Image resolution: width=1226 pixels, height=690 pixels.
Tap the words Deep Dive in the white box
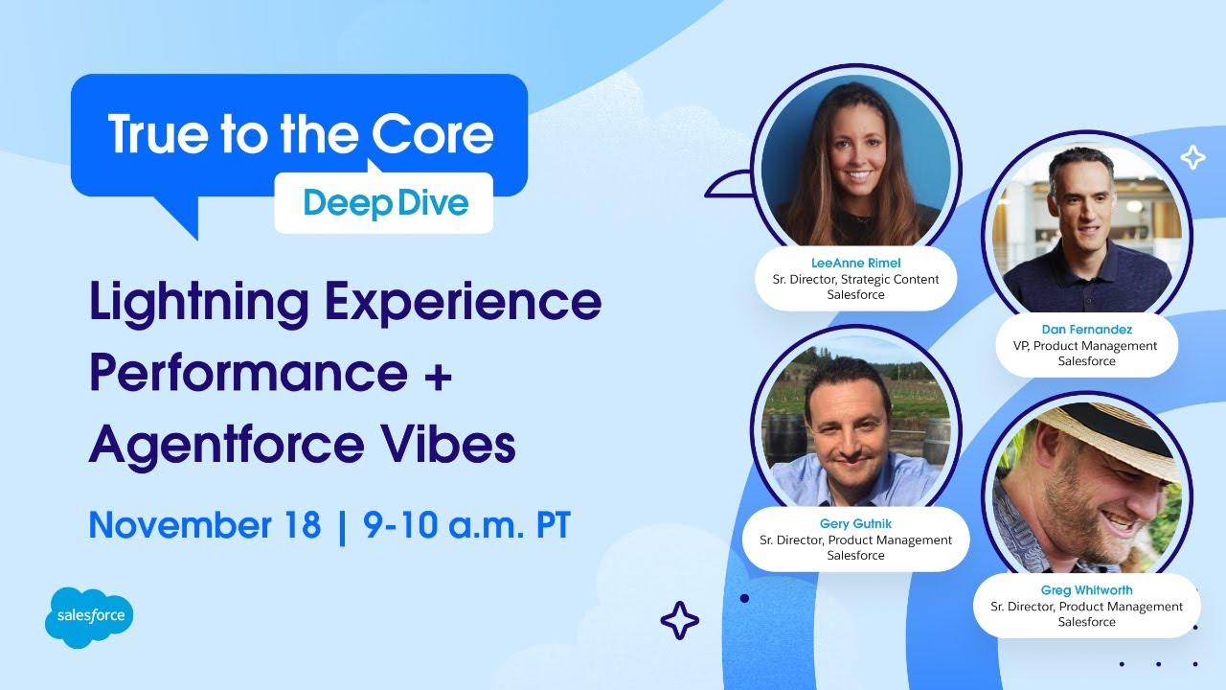[x=385, y=203]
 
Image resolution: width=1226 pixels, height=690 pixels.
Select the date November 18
[x=204, y=525]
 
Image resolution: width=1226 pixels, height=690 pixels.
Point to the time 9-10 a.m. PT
[x=467, y=525]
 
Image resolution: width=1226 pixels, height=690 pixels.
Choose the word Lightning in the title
[x=197, y=303]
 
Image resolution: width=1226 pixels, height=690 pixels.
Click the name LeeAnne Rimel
[x=855, y=263]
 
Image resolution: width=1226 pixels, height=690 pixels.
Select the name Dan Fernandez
[x=1086, y=330]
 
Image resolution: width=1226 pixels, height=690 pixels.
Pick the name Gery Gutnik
[x=855, y=524]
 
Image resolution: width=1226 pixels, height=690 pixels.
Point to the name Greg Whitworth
[x=1086, y=590]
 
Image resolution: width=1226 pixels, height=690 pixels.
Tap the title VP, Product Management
[x=1086, y=346]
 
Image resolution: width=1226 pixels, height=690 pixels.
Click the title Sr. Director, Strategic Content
[x=855, y=279]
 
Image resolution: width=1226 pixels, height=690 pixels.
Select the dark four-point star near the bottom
[x=680, y=620]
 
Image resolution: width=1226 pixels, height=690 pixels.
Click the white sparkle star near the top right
[x=1192, y=156]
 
